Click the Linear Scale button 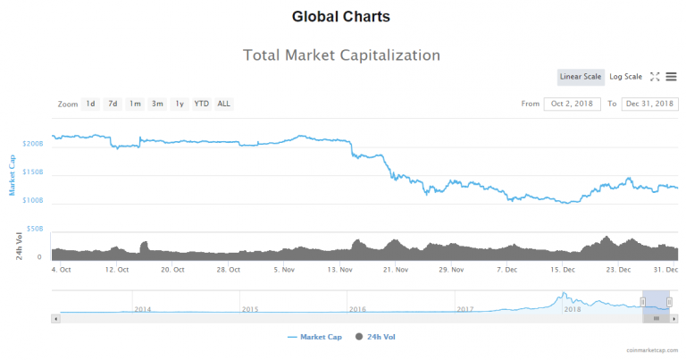click(581, 77)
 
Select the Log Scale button click(625, 77)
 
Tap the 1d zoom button click(90, 104)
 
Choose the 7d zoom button click(113, 104)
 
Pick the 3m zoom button click(157, 104)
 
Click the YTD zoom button click(202, 104)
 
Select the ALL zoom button click(223, 104)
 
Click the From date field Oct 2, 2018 click(572, 104)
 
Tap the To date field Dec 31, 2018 click(649, 104)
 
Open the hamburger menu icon click(671, 77)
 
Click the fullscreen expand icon click(655, 77)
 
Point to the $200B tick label click(33, 143)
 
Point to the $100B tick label click(33, 201)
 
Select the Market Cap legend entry click(315, 337)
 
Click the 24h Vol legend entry click(376, 337)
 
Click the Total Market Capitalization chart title click(342, 55)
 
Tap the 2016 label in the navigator click(357, 309)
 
